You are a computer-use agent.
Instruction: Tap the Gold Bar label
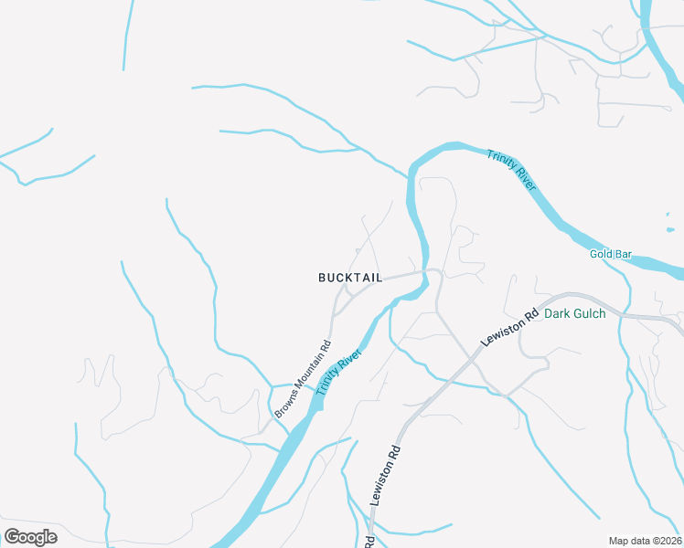pos(611,254)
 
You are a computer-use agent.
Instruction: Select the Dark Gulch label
pos(574,313)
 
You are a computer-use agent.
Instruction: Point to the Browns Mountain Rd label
pos(302,381)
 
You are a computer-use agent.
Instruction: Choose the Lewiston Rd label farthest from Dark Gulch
pos(386,476)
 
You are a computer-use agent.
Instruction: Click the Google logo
pos(30,537)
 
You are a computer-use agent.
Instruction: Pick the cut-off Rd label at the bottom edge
pos(369,541)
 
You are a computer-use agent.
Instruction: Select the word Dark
pos(557,313)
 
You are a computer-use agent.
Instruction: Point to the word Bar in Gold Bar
pos(624,254)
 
